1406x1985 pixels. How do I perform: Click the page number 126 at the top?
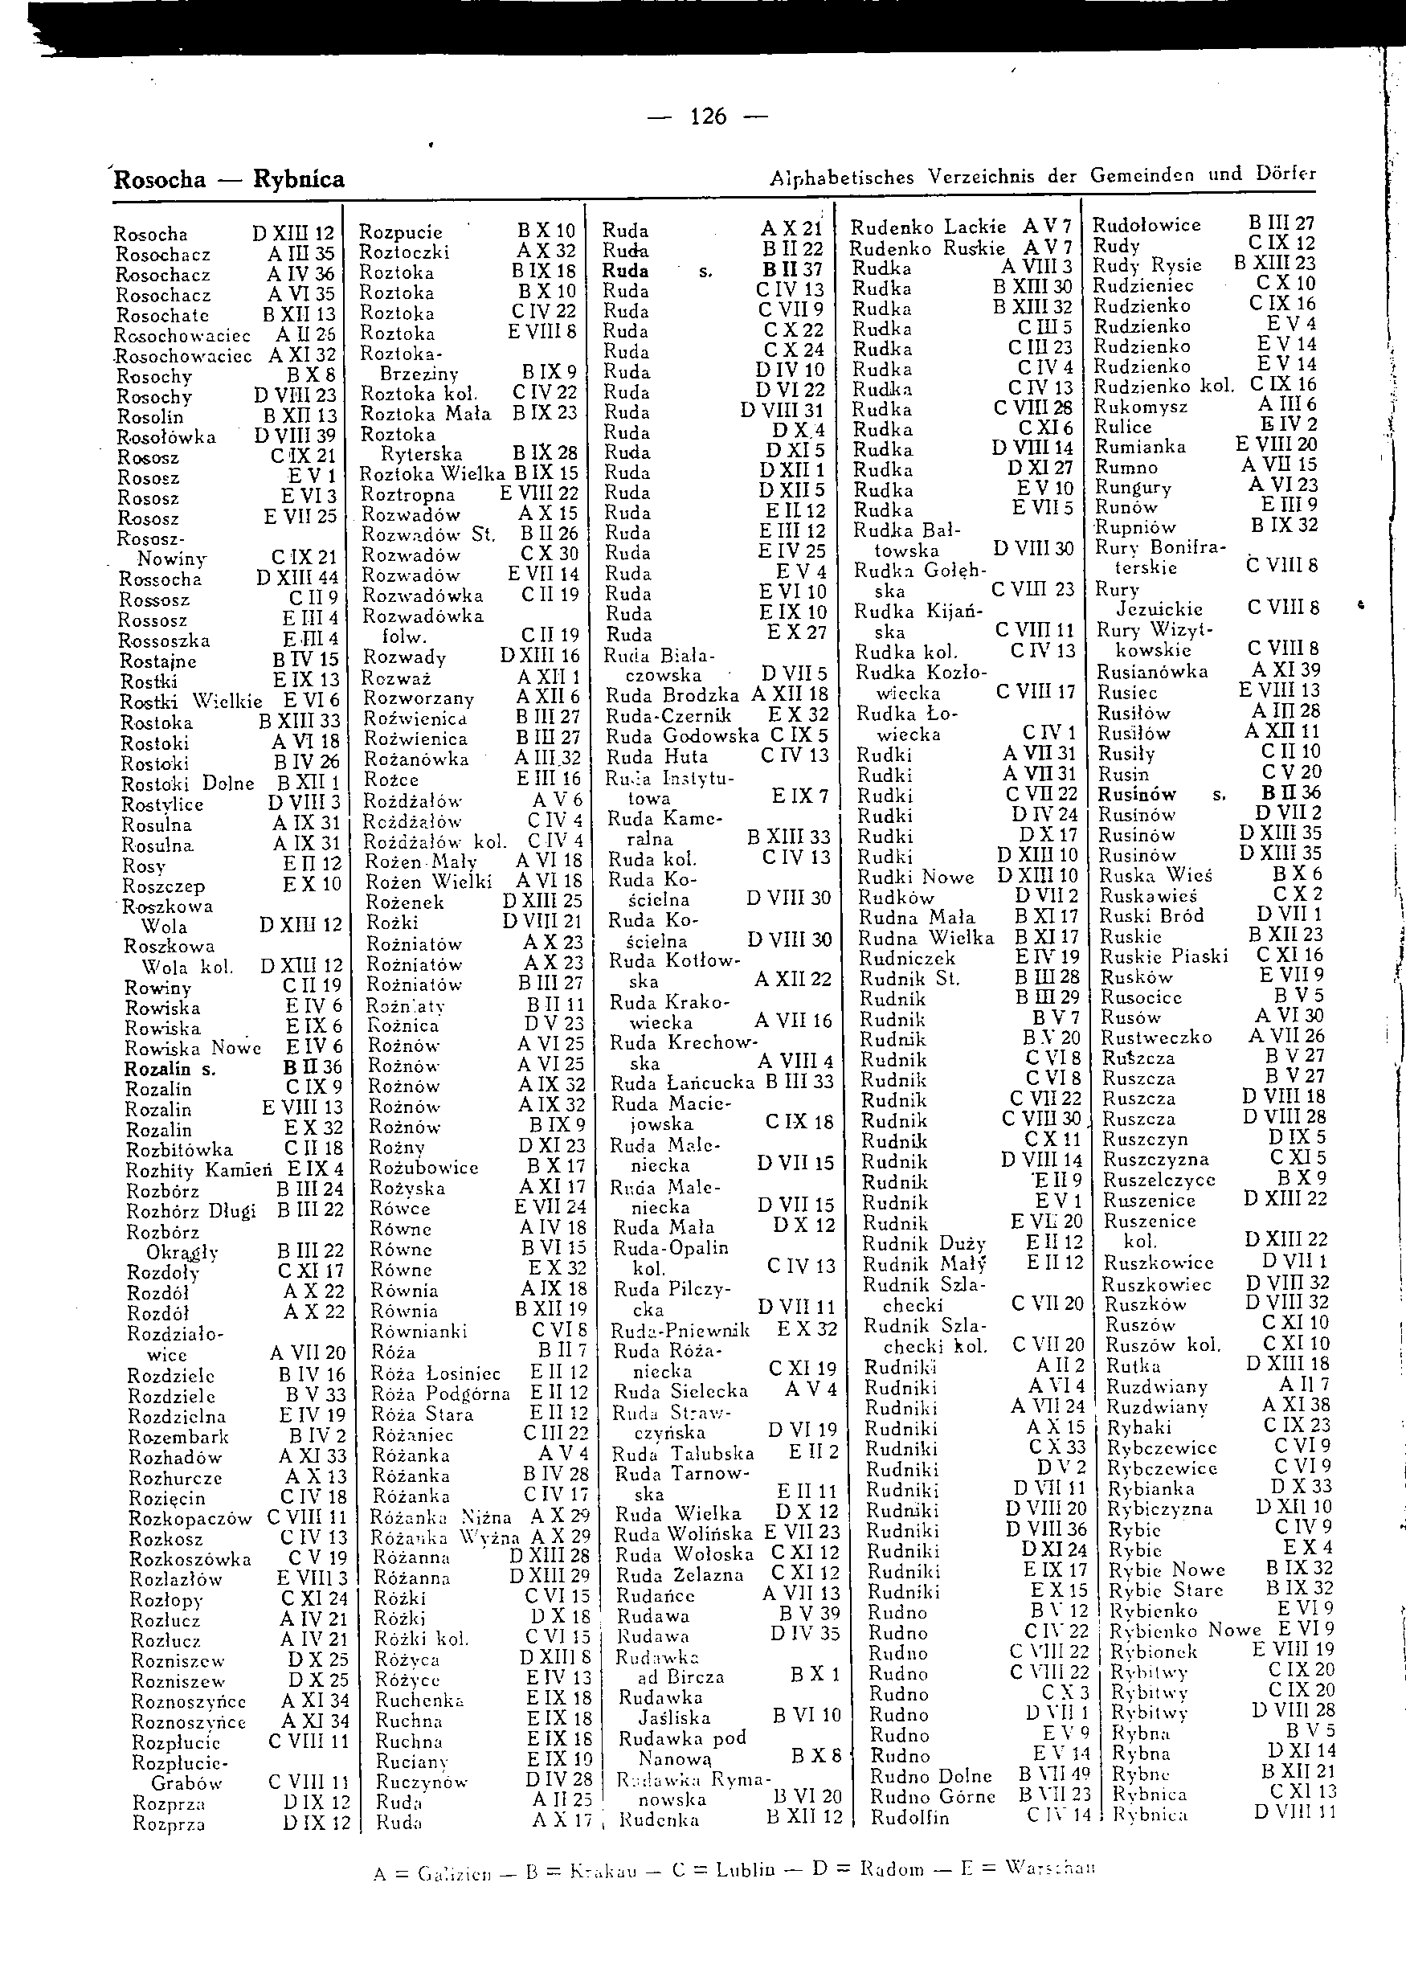click(708, 116)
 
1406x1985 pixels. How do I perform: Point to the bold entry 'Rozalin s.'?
click(170, 1070)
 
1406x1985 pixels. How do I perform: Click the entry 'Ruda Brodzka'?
click(672, 695)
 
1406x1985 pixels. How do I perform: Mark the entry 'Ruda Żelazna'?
click(679, 1575)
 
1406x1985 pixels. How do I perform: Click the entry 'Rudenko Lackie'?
click(928, 227)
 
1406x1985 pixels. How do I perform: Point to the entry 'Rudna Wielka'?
click(926, 938)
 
